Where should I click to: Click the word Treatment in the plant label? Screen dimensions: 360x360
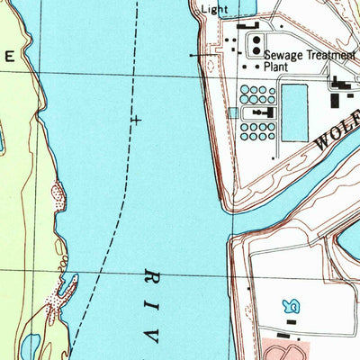point(329,54)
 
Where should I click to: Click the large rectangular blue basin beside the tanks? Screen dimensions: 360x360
point(294,112)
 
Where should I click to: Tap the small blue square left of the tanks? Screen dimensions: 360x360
point(233,112)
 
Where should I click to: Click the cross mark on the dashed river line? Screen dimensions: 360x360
point(137,118)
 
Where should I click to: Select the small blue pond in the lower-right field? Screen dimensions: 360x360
point(291,308)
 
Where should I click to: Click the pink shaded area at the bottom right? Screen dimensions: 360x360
point(288,349)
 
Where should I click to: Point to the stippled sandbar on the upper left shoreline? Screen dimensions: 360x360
point(59,193)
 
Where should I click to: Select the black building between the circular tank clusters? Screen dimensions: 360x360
point(261,113)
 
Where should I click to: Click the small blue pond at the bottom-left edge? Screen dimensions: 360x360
point(29,346)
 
